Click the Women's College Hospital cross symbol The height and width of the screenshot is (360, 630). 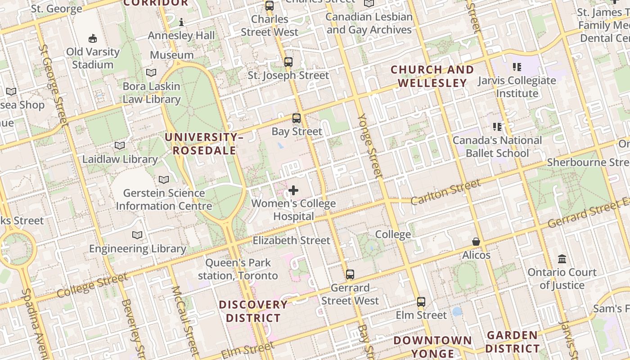click(293, 190)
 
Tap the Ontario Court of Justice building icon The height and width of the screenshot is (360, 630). click(562, 259)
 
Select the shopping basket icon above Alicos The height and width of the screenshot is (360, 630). click(476, 242)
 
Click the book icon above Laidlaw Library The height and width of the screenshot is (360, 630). click(119, 146)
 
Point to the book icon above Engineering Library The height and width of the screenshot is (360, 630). click(137, 235)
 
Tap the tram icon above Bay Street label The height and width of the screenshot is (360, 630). click(296, 118)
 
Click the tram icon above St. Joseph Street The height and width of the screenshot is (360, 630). click(288, 62)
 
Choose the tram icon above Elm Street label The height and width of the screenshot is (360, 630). click(421, 302)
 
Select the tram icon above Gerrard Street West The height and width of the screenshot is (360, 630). click(350, 274)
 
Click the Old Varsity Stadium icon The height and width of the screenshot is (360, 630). click(93, 38)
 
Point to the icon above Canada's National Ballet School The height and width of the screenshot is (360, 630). click(497, 127)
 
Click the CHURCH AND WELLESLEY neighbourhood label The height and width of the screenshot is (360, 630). click(432, 76)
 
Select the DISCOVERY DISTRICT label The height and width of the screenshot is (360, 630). click(253, 311)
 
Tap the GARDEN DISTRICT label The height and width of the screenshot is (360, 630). click(512, 342)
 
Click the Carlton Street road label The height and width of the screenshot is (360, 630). click(445, 192)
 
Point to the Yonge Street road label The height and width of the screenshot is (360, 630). click(369, 145)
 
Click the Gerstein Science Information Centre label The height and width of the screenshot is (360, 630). click(164, 200)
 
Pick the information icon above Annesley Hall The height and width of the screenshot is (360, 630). click(181, 22)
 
